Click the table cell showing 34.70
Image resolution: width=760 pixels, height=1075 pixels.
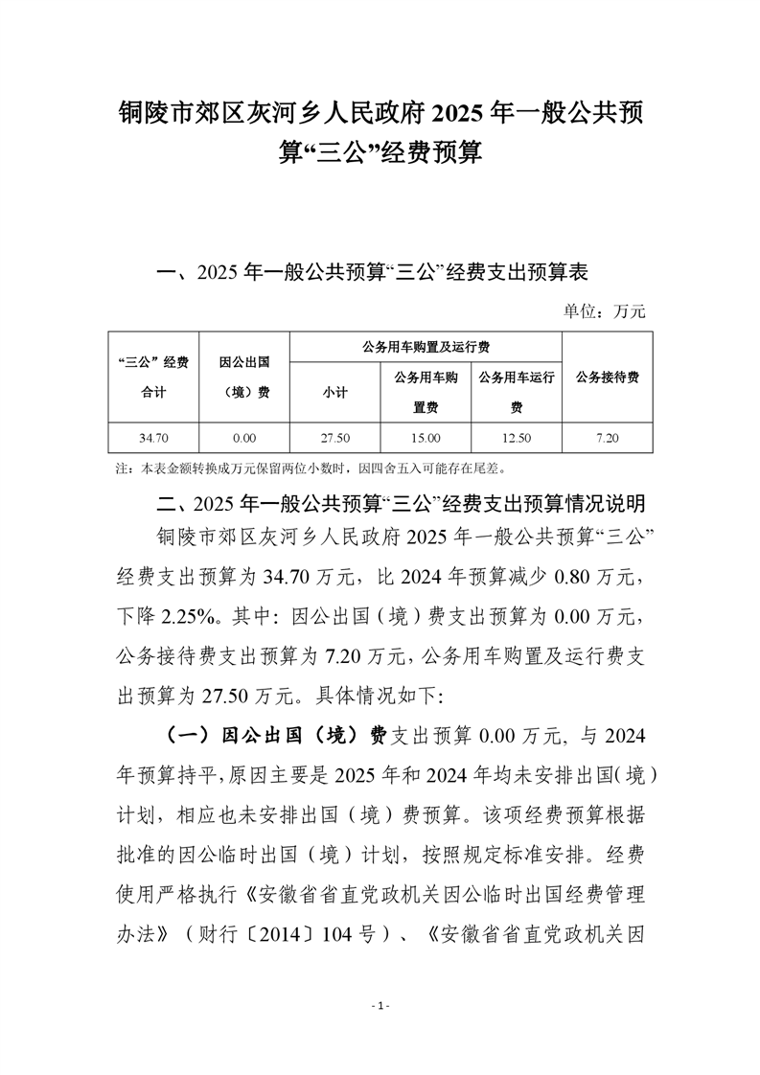click(153, 438)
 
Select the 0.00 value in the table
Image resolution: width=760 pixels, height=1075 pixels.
click(243, 438)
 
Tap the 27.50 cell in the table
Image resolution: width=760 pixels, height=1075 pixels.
click(334, 438)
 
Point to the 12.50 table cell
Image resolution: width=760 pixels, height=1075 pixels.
click(516, 438)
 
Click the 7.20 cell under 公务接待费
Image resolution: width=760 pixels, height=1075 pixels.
click(607, 438)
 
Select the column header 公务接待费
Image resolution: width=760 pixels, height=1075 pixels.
click(607, 377)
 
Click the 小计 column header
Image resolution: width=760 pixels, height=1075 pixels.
click(334, 392)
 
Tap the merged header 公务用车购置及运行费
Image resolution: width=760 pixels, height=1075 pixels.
click(425, 347)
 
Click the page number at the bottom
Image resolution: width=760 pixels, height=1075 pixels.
click(380, 1006)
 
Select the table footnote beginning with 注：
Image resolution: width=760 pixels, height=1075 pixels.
click(317, 469)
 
